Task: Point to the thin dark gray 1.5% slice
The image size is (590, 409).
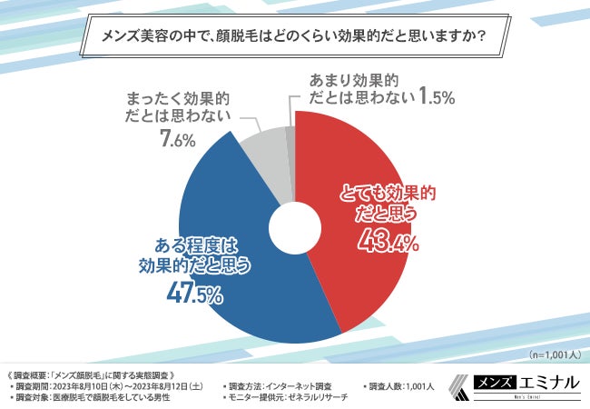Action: click(x=290, y=134)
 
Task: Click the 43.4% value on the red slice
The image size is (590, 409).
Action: click(x=388, y=242)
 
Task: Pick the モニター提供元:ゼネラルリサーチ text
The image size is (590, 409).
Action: click(x=283, y=398)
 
